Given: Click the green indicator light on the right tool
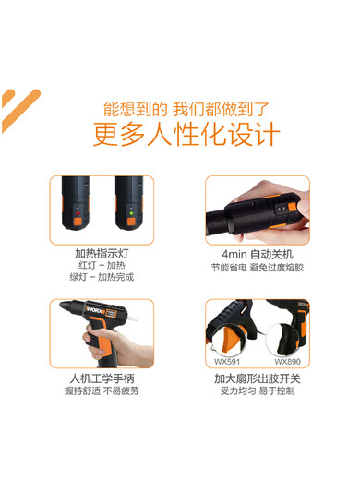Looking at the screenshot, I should tap(132, 210).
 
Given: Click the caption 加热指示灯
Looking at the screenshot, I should tap(102, 253).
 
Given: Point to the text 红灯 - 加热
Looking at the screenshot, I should tap(102, 265).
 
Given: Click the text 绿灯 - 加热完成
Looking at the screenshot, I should tap(102, 277).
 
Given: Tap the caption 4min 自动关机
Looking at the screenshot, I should tap(257, 253).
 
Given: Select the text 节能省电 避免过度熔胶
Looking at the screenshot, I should tap(257, 267).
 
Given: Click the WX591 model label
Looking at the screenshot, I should tap(224, 362).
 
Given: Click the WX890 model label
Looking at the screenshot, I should tap(289, 362).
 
